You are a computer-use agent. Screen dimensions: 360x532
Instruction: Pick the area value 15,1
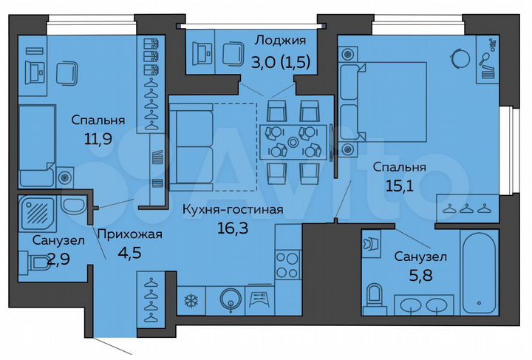(399, 185)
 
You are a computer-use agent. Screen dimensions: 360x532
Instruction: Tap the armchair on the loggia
(235, 55)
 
